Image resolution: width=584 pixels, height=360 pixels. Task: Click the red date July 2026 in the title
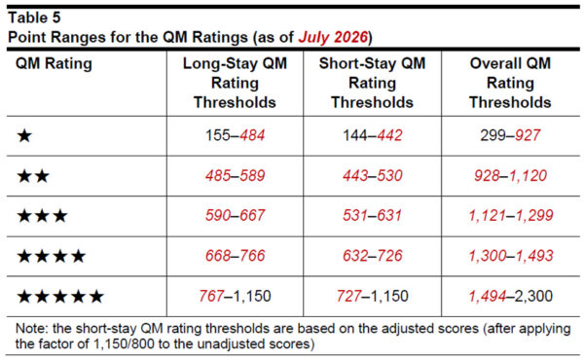pos(333,37)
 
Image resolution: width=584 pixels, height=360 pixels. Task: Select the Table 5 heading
pos(34,18)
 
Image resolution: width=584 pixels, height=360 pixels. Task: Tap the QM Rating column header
pos(54,63)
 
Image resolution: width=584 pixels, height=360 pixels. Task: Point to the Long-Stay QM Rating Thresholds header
pos(235,83)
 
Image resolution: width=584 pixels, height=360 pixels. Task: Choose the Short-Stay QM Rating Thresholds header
pos(372,83)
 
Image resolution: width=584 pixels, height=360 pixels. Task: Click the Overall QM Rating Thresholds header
pos(510,83)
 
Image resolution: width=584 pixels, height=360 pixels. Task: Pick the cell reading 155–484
pos(235,135)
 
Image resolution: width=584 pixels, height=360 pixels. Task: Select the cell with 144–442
pos(373,135)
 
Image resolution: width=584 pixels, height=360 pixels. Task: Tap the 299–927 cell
pos(510,135)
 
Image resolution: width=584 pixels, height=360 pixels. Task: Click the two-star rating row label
pos(33,176)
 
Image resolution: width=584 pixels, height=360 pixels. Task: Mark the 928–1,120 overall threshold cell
pos(510,176)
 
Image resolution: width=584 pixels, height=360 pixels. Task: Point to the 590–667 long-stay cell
pos(235,216)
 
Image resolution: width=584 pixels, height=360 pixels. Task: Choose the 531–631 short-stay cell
pos(373,216)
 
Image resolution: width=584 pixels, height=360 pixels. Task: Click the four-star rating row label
pos(52,256)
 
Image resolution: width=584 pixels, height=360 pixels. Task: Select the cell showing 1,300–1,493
pos(511,256)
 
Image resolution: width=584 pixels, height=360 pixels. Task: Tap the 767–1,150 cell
pos(235,297)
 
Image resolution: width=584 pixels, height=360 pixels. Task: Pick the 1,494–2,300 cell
pos(511,297)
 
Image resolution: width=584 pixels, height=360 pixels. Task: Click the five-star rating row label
pos(60,297)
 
